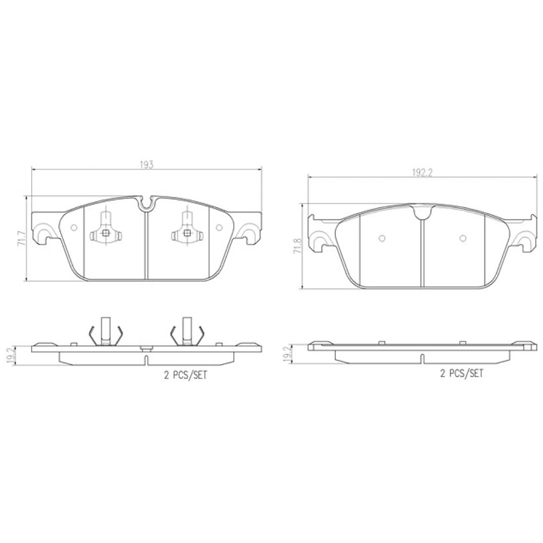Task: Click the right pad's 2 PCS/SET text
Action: [461, 374]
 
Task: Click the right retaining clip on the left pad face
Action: [187, 233]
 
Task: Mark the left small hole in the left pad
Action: [73, 227]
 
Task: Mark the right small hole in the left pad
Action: [219, 227]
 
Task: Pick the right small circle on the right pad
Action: [462, 239]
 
